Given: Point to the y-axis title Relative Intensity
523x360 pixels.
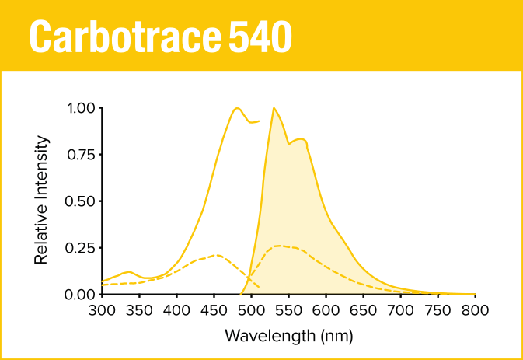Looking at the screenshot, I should click(42, 200).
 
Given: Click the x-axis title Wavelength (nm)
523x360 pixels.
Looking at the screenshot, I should click(288, 336).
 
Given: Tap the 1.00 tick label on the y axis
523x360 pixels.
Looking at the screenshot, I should click(80, 108).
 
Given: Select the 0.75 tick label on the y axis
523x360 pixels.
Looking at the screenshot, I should click(80, 155).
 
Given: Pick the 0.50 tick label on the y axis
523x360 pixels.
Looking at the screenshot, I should click(80, 201).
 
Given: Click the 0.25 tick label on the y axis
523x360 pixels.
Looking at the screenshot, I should click(80, 248).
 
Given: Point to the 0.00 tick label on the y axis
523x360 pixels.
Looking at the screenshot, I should click(80, 295).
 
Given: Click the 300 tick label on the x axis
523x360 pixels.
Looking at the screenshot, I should click(102, 310).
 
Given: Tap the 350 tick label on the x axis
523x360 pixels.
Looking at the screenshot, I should click(139, 310).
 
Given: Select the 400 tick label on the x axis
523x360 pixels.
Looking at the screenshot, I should click(176, 310).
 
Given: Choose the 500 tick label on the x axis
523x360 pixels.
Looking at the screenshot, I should click(251, 310).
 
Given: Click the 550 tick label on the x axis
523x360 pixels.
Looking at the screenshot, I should click(288, 310).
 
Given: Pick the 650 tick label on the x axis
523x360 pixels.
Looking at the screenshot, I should click(363, 310).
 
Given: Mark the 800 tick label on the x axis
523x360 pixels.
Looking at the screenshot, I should click(475, 310).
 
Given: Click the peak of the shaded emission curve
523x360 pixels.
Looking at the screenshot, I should click(274, 109).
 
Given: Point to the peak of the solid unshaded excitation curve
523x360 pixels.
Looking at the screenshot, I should click(236, 108).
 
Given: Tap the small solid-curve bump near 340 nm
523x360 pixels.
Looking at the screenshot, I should click(130, 272).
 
